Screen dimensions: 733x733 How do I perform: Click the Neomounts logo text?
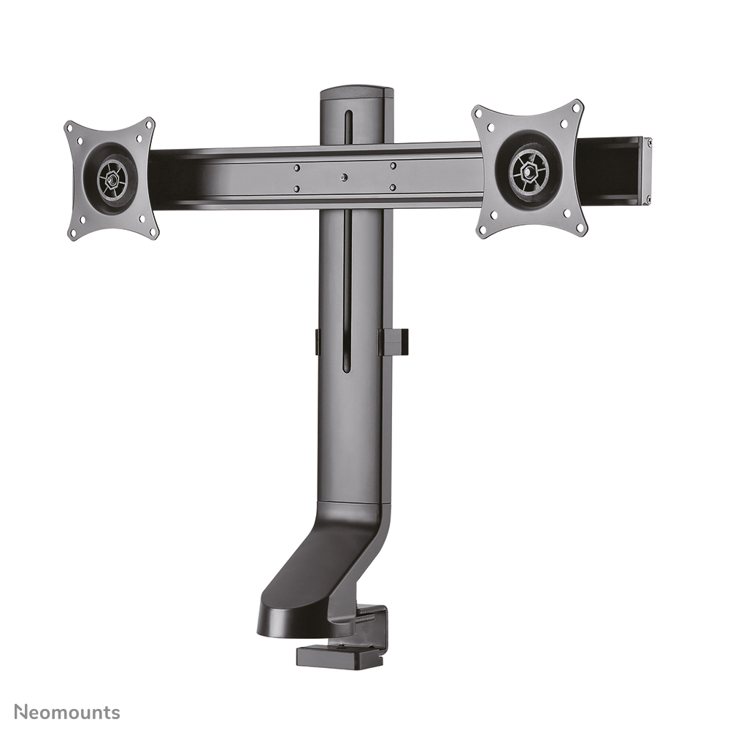click(x=67, y=712)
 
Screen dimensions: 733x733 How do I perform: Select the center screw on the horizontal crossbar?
click(x=344, y=177)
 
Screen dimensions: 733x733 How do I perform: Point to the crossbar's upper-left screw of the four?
click(x=296, y=167)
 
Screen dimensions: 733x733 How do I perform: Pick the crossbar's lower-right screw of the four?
click(x=392, y=188)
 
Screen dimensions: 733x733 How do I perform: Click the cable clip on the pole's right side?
click(x=394, y=342)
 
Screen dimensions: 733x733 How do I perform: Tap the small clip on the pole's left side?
click(x=318, y=342)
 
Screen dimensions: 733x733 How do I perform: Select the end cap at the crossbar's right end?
click(x=646, y=169)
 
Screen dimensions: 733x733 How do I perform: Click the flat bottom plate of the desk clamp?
click(x=341, y=655)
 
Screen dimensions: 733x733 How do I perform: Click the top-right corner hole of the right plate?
click(x=576, y=107)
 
